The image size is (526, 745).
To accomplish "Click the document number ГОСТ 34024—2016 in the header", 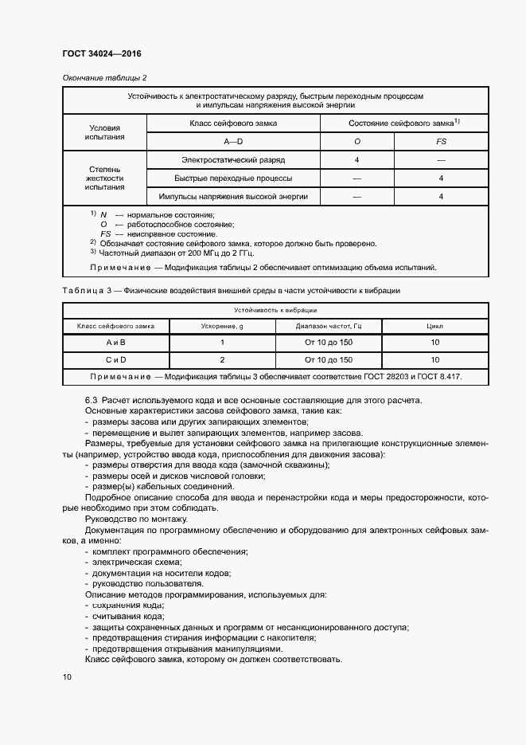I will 101,54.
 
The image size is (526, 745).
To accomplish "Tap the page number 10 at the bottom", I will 67,676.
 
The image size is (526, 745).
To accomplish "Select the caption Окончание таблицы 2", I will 104,77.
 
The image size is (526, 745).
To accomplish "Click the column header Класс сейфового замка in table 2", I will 233,123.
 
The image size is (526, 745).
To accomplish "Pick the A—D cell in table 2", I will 233,141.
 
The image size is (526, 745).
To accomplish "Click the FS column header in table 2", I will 441,141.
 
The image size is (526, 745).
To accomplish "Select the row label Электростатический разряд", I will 233,159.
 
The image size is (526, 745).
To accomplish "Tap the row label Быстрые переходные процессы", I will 233,178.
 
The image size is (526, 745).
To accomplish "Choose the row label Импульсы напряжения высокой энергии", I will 233,195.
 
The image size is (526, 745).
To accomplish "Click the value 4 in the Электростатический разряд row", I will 357,159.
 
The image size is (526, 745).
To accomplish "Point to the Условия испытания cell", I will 104,131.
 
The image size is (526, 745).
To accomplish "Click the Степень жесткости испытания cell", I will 104,178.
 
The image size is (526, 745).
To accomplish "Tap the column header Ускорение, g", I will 222,325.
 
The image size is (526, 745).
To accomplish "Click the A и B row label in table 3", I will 115,342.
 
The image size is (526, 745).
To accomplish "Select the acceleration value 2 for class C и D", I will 222,359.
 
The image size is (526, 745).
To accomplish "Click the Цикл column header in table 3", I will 435,325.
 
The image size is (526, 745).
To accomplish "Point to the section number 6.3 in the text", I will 91,400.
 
